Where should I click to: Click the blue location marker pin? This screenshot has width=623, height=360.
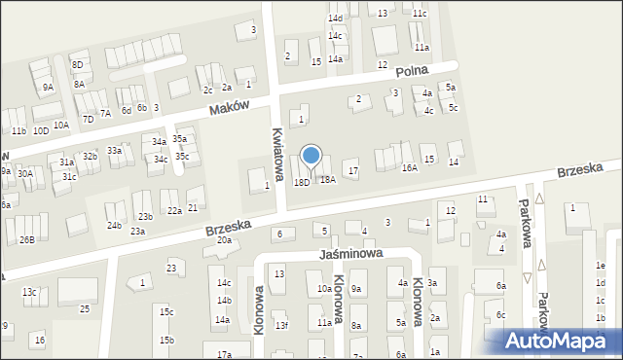click(311, 156)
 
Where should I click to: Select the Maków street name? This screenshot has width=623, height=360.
click(231, 108)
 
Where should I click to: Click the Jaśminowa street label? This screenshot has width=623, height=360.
click(350, 253)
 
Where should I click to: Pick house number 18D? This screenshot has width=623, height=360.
click(302, 182)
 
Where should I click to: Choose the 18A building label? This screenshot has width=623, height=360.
click(328, 180)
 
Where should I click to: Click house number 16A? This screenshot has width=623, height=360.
click(410, 168)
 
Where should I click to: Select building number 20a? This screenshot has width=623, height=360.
click(224, 240)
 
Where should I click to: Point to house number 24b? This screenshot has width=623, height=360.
click(114, 226)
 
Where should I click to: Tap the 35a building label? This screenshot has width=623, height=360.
click(179, 139)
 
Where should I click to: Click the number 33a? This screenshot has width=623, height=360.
click(114, 151)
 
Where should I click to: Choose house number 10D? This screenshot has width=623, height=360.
click(40, 130)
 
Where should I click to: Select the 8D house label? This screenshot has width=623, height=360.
click(78, 64)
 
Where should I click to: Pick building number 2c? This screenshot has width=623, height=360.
click(207, 90)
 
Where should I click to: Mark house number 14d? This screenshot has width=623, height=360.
click(335, 18)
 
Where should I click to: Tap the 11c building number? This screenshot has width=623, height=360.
click(419, 14)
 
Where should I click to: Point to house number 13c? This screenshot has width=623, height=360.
click(30, 292)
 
